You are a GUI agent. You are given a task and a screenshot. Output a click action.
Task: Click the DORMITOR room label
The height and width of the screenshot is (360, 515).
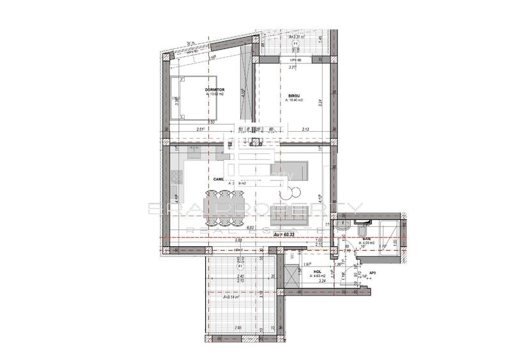click(215, 90)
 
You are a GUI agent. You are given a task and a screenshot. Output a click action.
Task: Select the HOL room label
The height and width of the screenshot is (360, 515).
click(317, 271)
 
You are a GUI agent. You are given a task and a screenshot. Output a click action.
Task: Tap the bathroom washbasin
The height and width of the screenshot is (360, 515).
click(342, 227)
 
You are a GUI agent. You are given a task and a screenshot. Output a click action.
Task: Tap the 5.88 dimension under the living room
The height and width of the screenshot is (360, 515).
click(238, 240)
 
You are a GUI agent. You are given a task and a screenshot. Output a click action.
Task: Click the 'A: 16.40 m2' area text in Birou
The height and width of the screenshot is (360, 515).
click(294, 100)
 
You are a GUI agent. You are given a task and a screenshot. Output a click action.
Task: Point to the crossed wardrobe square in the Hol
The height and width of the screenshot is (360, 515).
click(292, 274)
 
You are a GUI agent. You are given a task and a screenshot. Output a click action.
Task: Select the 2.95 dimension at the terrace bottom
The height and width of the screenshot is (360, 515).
click(238, 328)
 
